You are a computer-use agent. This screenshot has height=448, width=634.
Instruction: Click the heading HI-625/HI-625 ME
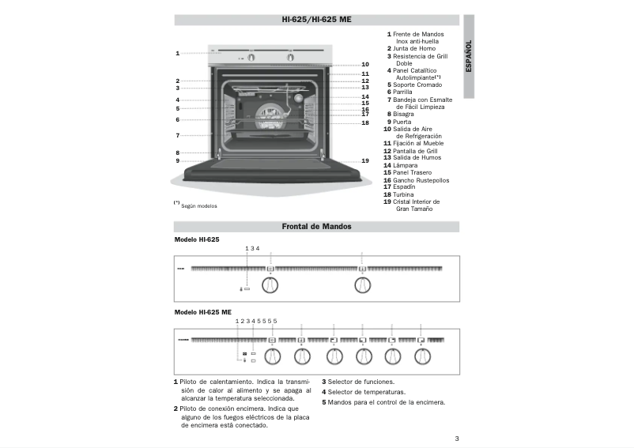tap(316, 20)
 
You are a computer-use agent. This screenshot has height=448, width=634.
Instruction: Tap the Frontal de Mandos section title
tap(316, 227)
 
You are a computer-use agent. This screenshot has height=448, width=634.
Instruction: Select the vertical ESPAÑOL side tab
tap(469, 55)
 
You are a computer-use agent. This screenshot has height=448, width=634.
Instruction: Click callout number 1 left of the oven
tap(178, 53)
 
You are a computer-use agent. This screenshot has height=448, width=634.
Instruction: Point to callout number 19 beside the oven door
tap(364, 160)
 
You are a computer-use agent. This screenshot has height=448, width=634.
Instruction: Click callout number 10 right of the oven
tap(364, 64)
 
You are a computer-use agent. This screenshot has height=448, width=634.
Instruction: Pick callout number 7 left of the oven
tap(178, 136)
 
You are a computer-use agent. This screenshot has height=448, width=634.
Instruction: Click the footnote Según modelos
tap(198, 205)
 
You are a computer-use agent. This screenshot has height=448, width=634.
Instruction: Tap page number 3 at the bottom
tap(457, 439)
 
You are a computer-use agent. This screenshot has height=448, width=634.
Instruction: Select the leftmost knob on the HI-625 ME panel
tap(272, 357)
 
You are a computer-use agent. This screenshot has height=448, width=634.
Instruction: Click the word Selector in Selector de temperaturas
tap(342, 392)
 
